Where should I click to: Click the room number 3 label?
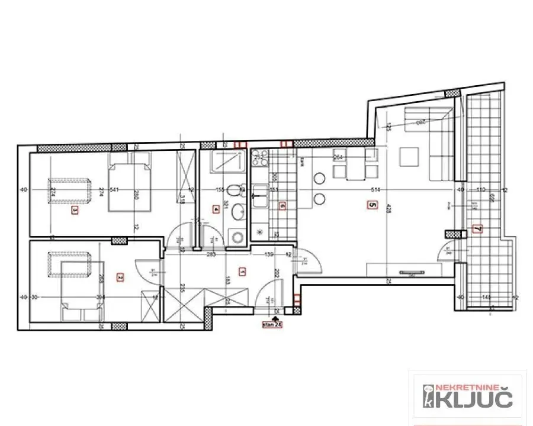pyautogui.click(x=75, y=209)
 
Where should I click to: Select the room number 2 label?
pyautogui.click(x=120, y=276)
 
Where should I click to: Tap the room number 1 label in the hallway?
pyautogui.click(x=242, y=272)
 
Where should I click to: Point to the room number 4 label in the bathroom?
pyautogui.click(x=216, y=208)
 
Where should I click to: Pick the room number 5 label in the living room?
pyautogui.click(x=372, y=206)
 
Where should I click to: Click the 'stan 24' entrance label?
pyautogui.click(x=272, y=324)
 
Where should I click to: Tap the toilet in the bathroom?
pyautogui.click(x=236, y=191)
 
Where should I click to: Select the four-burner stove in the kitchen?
pyautogui.click(x=259, y=158)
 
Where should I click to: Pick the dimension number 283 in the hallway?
pyautogui.click(x=210, y=254)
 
